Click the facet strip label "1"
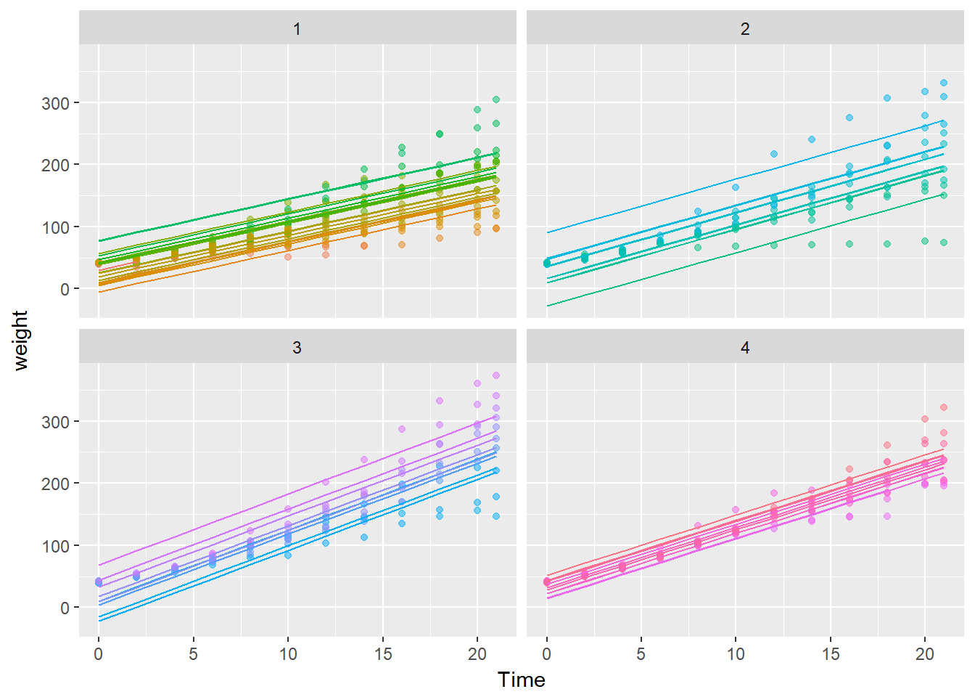(297, 29)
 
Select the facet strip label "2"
(745, 29)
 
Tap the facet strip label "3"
(297, 348)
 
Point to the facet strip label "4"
(745, 348)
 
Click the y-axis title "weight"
(20, 341)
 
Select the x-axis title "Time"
(521, 680)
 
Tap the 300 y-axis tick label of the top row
(55, 103)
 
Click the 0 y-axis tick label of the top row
(65, 289)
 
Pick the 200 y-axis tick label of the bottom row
(55, 484)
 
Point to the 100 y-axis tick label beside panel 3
(55, 546)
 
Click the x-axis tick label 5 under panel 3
(193, 654)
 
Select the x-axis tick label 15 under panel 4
(831, 654)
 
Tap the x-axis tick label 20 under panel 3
(477, 654)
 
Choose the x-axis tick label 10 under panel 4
(736, 654)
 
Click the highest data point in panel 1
(496, 99)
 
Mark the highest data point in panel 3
(496, 375)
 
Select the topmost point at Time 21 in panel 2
(944, 83)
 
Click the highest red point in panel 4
(944, 407)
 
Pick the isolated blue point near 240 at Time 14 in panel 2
(812, 139)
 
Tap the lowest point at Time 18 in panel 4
(887, 516)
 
